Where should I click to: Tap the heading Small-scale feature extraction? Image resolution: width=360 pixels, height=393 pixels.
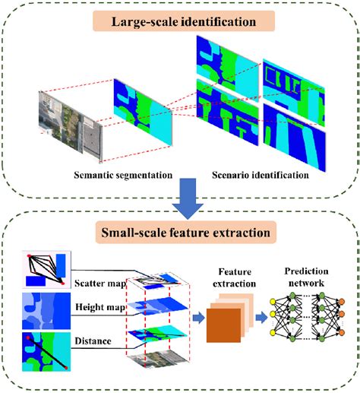(x=179, y=229)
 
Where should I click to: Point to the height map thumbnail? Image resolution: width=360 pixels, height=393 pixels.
(x=43, y=309)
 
